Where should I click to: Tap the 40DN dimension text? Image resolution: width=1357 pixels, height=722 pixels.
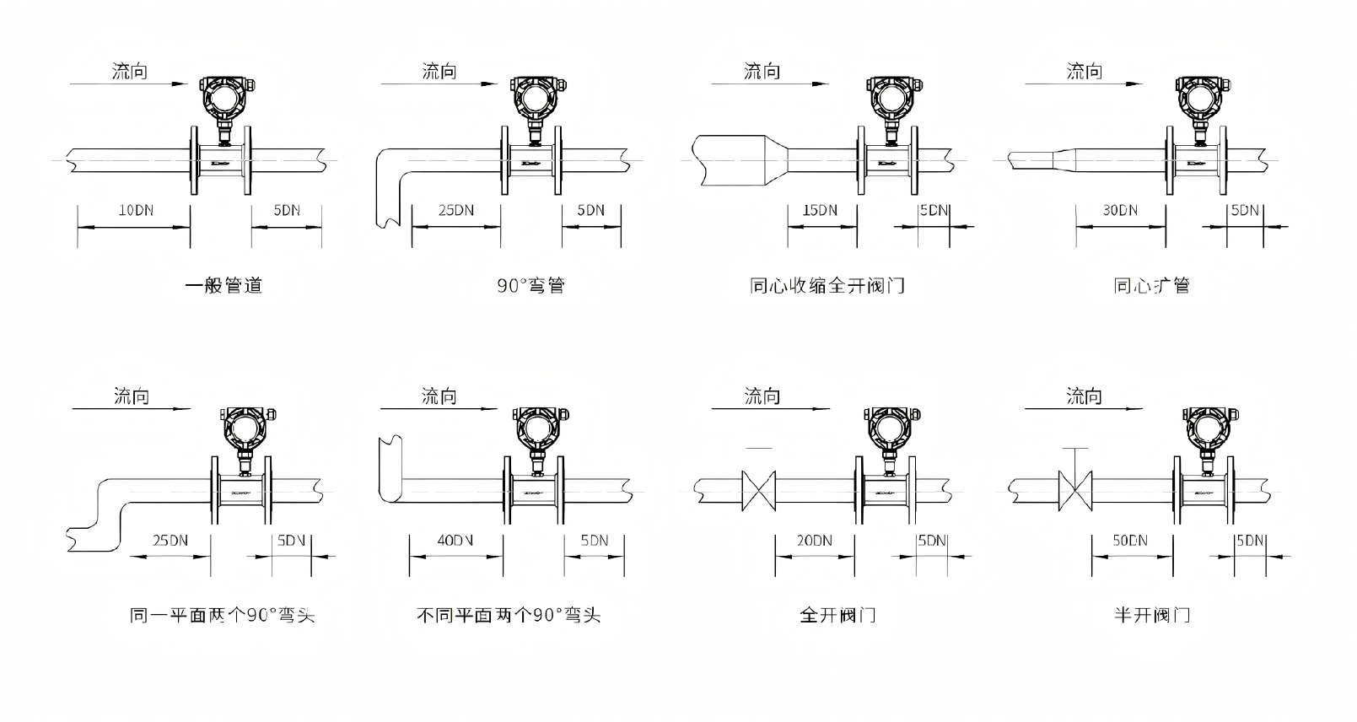coord(455,540)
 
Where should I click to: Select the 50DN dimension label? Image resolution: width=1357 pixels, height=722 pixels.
coord(1130,540)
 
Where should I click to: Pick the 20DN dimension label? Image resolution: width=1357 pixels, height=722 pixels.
coord(814,540)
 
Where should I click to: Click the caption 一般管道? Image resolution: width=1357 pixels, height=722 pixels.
coord(224,286)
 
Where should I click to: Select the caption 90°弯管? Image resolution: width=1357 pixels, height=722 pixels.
coord(530,286)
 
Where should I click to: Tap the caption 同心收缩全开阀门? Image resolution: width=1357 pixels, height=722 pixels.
coord(827,286)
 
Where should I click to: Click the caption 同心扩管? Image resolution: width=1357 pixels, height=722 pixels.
coord(1151,286)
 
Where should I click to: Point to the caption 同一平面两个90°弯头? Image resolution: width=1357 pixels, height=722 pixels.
coord(223,615)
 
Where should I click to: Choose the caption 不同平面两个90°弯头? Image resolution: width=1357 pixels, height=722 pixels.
coord(509,615)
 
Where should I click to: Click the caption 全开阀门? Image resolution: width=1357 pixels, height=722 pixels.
coord(837,615)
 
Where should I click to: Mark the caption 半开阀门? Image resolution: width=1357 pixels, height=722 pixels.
coord(1151,615)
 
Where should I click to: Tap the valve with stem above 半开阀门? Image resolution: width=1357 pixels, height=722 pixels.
coord(1074,488)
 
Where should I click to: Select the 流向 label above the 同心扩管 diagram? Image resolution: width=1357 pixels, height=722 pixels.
coord(1085,72)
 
